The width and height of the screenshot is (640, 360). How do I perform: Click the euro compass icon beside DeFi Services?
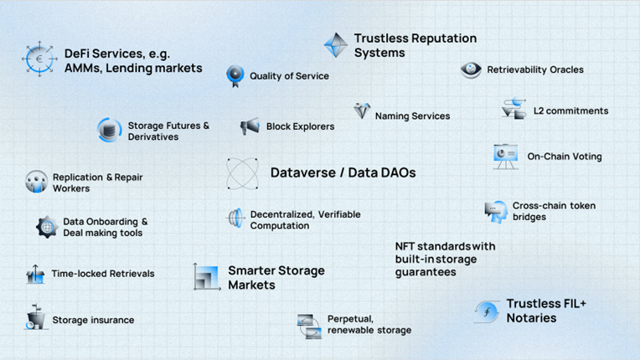click(39, 59)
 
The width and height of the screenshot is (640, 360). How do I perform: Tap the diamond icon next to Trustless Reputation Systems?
click(336, 45)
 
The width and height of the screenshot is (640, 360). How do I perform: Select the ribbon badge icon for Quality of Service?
click(235, 76)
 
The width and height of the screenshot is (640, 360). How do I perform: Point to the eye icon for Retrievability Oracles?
click(471, 69)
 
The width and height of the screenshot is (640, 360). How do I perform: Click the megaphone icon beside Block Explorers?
click(250, 126)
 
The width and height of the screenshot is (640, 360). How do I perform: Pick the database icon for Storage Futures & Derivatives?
click(109, 130)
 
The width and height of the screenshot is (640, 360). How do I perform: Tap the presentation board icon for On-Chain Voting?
click(505, 157)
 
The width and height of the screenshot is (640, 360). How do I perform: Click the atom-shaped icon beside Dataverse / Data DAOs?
click(242, 173)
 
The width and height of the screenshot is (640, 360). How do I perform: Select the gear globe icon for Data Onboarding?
click(47, 227)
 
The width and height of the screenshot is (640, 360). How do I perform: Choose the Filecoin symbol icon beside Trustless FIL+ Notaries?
click(487, 312)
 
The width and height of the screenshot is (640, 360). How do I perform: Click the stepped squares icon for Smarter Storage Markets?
click(207, 277)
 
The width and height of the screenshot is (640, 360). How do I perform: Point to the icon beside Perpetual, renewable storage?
click(309, 327)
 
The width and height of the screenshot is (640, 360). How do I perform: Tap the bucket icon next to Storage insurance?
click(35, 316)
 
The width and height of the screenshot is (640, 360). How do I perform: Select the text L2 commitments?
click(571, 111)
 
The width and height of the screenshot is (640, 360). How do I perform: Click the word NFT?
click(405, 246)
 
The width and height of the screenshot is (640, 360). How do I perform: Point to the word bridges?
click(529, 217)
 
